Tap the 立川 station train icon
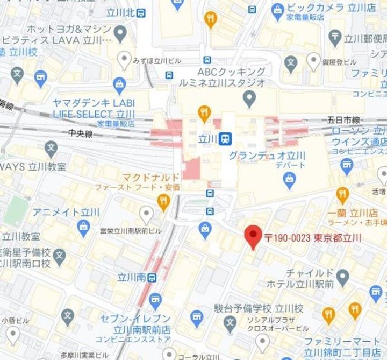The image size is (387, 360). coord(227,139)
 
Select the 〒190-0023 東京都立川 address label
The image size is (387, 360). coord(314,238)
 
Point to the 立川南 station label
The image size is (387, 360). coord(132,278)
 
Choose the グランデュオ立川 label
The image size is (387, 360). coord(267,156)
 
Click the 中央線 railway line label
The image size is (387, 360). coord(81,133)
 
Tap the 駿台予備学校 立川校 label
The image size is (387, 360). coord(258,309)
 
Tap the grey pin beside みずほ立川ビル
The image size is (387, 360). coord(125,59)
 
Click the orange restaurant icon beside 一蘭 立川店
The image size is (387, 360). coord(342,194)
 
